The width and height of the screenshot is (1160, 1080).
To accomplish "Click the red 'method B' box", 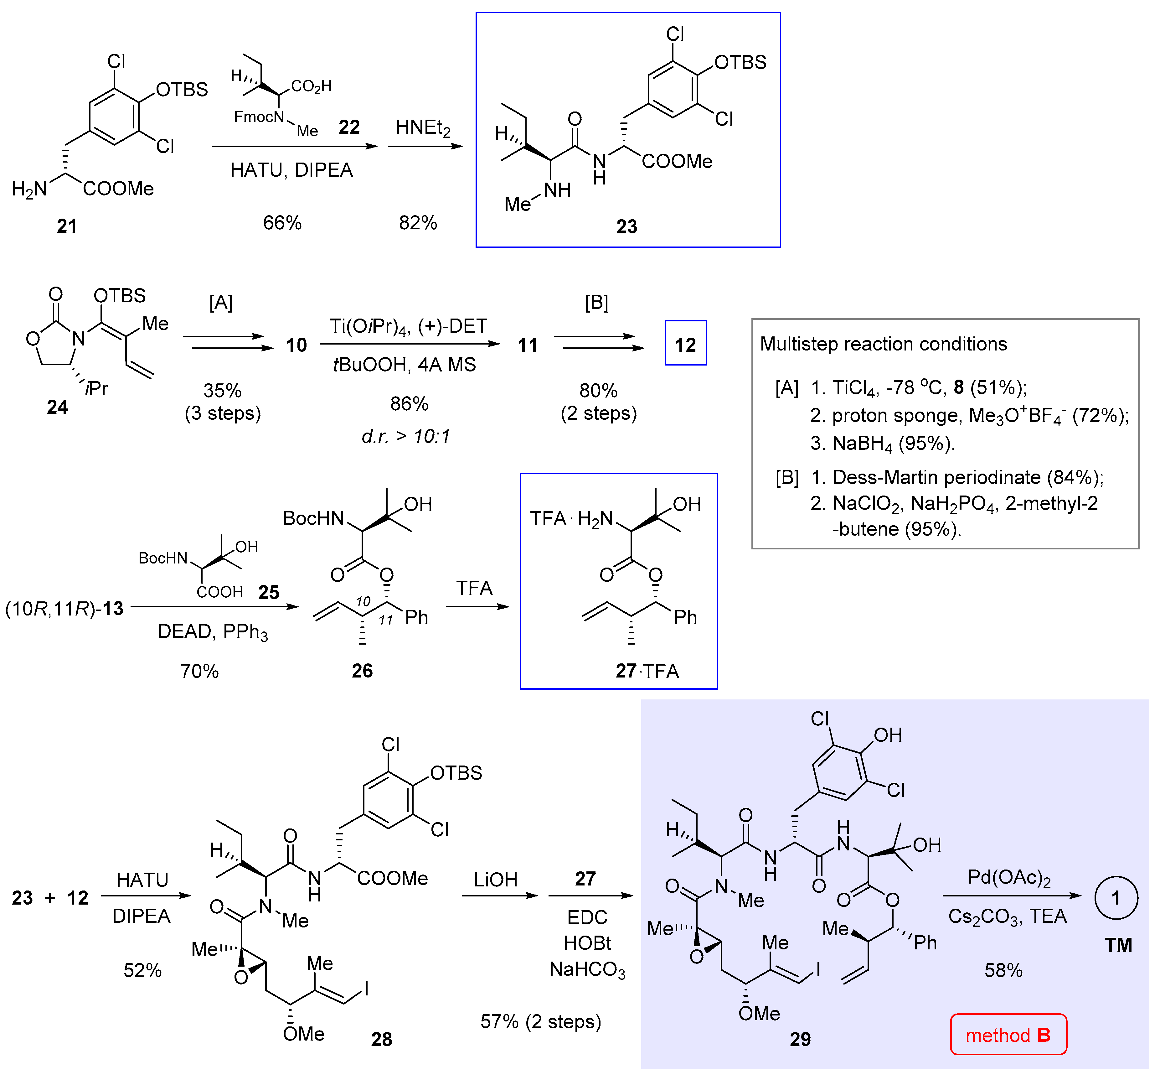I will (x=1008, y=1035).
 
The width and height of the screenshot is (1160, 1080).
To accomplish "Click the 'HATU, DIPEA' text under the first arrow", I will (x=291, y=170).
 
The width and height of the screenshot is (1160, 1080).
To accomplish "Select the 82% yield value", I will (x=418, y=222).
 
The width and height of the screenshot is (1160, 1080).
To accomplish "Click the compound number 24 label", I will (x=57, y=407).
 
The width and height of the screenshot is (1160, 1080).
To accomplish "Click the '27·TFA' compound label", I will (x=647, y=671).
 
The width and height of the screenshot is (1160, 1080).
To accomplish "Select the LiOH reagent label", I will (x=495, y=879).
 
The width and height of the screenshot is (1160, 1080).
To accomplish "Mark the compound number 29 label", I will (x=800, y=1039).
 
